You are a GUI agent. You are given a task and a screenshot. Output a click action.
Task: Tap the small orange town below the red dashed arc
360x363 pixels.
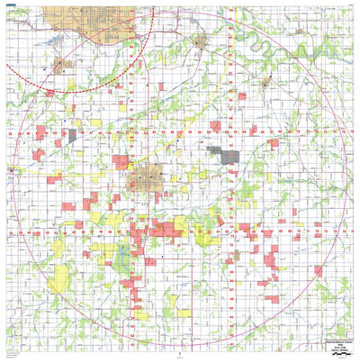[x=60, y=65]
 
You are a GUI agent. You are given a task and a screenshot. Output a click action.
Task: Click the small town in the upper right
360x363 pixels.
[x=265, y=80]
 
